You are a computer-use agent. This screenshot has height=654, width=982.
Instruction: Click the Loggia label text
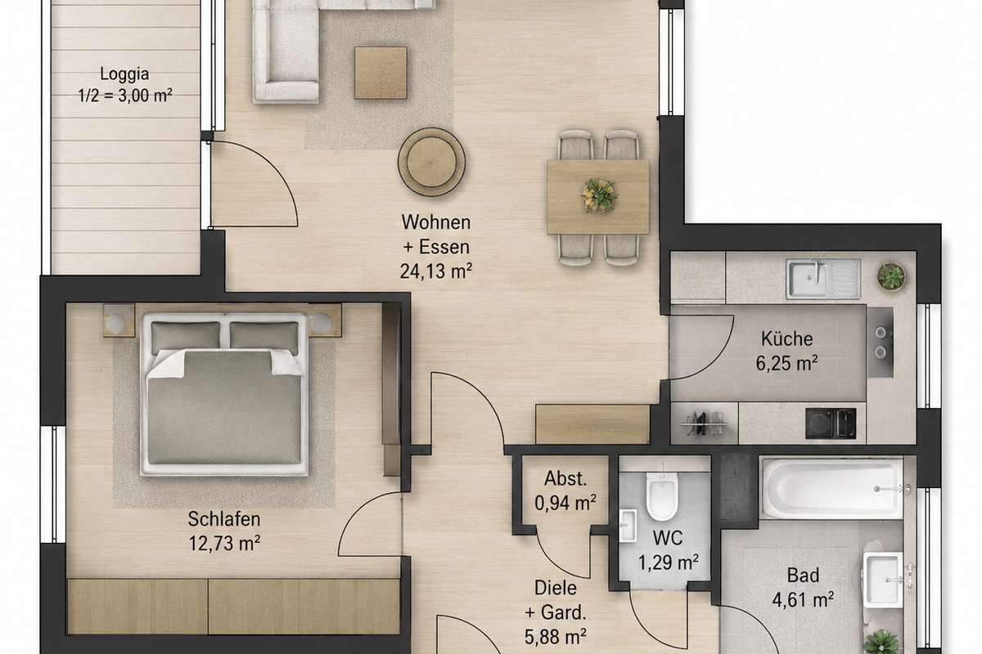pyautogui.click(x=124, y=74)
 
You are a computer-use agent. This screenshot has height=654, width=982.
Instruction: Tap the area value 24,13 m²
pyautogui.click(x=435, y=271)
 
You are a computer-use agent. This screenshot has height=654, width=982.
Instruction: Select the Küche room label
pyautogui.click(x=787, y=338)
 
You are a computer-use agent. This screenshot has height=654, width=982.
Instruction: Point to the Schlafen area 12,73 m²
pyautogui.click(x=224, y=543)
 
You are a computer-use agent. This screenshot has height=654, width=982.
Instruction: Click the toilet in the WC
pyautogui.click(x=662, y=496)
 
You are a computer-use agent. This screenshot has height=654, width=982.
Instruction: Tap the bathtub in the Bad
pyautogui.click(x=832, y=488)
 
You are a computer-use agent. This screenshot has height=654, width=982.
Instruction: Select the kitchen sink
pyautogui.click(x=823, y=279)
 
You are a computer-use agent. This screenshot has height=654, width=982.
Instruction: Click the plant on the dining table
pyautogui.click(x=599, y=195)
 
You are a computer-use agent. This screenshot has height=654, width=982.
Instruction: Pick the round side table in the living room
pyautogui.click(x=432, y=162)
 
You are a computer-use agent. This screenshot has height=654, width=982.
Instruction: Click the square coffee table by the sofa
pyautogui.click(x=381, y=72)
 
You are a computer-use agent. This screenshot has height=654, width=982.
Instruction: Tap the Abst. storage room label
pyautogui.click(x=565, y=478)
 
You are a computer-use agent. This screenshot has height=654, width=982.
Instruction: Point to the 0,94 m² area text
pyautogui.click(x=565, y=503)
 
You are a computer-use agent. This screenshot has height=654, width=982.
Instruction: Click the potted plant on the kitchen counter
pyautogui.click(x=891, y=276)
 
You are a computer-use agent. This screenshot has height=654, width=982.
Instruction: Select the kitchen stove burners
pyautogui.click(x=881, y=342)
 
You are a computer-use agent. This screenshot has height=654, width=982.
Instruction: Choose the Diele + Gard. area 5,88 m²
pyautogui.click(x=556, y=637)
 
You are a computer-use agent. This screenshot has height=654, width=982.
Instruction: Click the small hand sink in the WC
pyautogui.click(x=628, y=526)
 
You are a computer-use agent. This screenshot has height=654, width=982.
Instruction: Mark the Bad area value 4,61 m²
pyautogui.click(x=803, y=600)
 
